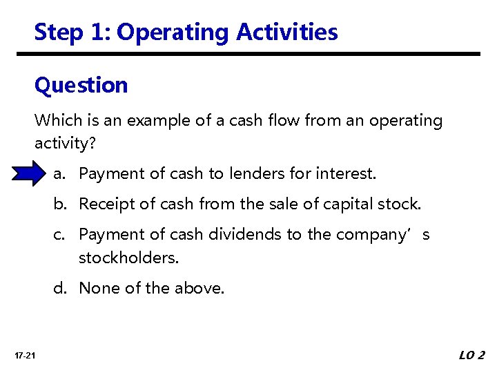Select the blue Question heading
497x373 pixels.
pyautogui.click(x=81, y=86)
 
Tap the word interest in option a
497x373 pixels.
pyautogui.click(x=347, y=173)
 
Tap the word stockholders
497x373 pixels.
pyautogui.click(x=128, y=258)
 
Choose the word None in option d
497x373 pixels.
pyautogui.click(x=98, y=288)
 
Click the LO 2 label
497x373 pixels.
pyautogui.click(x=472, y=356)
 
